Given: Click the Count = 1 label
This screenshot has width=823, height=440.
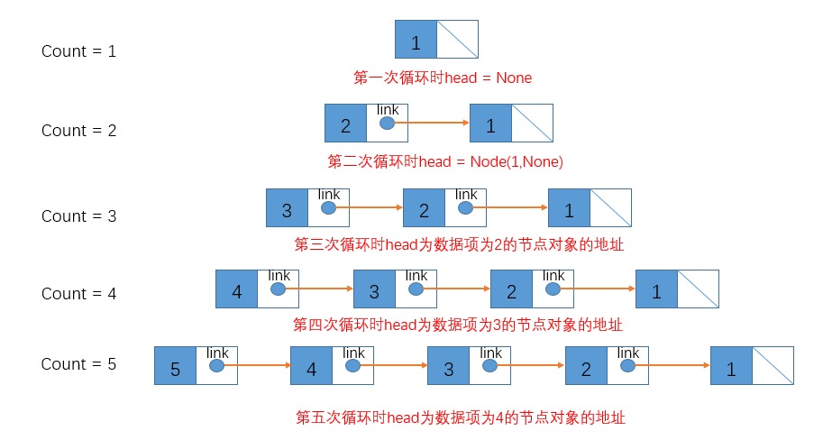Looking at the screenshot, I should tap(78, 51).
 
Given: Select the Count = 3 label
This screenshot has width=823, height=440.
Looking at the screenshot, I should tap(78, 216).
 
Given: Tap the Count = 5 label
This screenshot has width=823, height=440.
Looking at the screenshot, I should tap(78, 364).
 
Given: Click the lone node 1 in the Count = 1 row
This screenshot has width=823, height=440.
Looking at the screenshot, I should tap(416, 41).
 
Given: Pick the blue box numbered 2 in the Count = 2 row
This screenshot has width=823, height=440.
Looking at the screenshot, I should tap(345, 124).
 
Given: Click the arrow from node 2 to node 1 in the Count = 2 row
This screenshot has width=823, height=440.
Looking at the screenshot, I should tap(433, 123).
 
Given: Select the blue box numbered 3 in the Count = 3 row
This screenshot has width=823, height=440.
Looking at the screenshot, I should tap(287, 209).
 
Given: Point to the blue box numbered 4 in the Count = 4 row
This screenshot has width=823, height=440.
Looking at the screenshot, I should tap(236, 290).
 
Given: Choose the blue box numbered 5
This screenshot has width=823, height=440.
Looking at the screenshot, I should tap(175, 368).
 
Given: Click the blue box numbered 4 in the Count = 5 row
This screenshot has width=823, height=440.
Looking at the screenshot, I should tap(311, 368).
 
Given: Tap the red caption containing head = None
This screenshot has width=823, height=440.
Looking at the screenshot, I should tap(443, 78).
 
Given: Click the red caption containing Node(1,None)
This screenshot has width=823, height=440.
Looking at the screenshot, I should tap(445, 162).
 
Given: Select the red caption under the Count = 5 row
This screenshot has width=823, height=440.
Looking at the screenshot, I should tap(461, 417).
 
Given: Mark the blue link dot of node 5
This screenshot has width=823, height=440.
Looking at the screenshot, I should tap(216, 366).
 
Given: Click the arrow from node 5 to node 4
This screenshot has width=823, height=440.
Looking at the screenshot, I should tap(258, 366).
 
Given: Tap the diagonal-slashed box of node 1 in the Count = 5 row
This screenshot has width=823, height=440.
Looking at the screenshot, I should tap(773, 366).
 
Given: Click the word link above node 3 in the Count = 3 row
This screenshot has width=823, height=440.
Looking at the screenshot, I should tap(329, 195).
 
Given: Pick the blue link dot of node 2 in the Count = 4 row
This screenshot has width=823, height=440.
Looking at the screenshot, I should tap(553, 289).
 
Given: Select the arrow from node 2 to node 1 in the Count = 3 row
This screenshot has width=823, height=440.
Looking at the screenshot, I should tap(510, 208).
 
